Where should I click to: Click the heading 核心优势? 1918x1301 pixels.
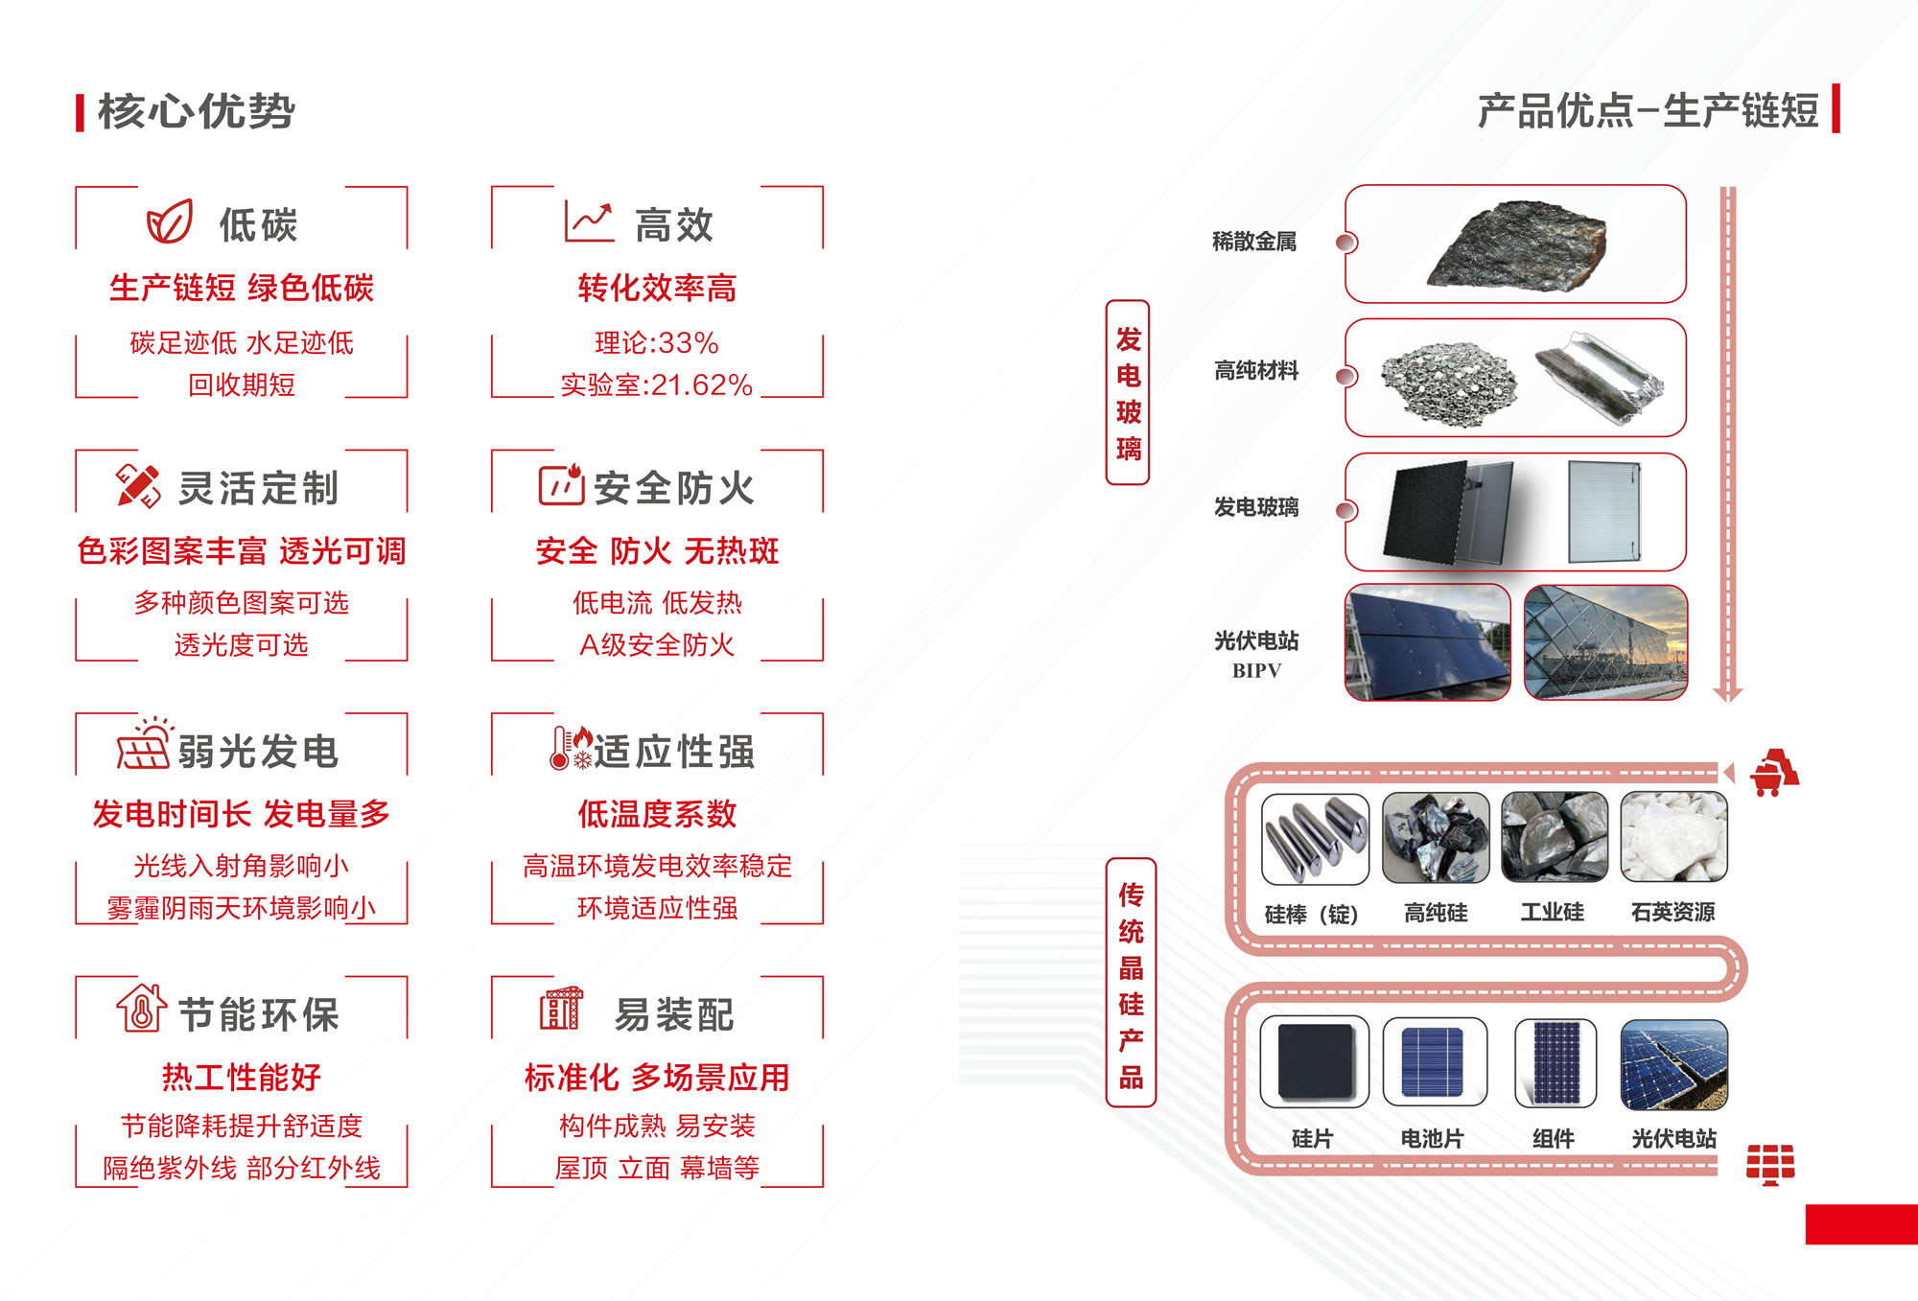click(x=196, y=111)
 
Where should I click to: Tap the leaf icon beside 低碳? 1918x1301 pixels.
click(x=170, y=222)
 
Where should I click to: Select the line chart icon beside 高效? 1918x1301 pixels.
click(x=589, y=222)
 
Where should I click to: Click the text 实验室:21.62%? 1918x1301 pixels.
click(x=657, y=385)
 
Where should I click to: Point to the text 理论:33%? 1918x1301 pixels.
click(x=657, y=342)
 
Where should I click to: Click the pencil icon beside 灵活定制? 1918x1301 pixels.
click(x=138, y=486)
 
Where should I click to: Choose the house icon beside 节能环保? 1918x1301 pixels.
click(x=142, y=1009)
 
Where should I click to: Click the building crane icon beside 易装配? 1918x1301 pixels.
click(x=561, y=1009)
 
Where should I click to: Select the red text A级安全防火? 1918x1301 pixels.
click(x=657, y=645)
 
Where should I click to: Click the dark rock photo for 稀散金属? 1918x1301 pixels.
click(x=1516, y=244)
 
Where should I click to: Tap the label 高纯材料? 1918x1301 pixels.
click(x=1256, y=371)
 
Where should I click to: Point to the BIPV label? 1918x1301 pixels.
click(x=1256, y=671)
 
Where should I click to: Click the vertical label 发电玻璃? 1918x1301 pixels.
click(x=1128, y=393)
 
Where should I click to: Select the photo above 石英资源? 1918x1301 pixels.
click(x=1673, y=837)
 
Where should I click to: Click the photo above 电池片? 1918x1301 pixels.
click(x=1435, y=1062)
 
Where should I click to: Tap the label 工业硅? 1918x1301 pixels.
click(x=1553, y=912)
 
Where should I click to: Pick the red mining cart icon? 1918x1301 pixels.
click(x=1774, y=773)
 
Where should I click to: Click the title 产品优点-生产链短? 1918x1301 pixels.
click(x=1648, y=111)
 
